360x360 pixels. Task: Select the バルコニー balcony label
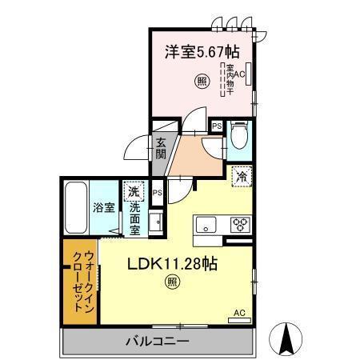(157, 342)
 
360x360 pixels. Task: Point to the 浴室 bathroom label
(103, 206)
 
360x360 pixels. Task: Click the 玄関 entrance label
(161, 149)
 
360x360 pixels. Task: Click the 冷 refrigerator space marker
(240, 177)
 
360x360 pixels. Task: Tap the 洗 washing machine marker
(134, 192)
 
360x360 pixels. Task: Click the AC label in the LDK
(238, 312)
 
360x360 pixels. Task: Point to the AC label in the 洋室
(240, 74)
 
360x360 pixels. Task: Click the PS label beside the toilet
(216, 126)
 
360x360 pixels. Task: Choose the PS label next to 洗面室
(158, 193)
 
